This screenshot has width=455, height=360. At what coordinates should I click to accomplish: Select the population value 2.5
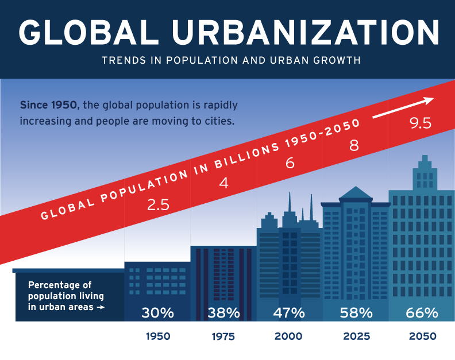pyautogui.click(x=158, y=204)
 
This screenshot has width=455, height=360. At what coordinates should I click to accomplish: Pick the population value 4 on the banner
pyautogui.click(x=224, y=184)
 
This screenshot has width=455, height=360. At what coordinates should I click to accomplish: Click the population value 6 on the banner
pyautogui.click(x=290, y=163)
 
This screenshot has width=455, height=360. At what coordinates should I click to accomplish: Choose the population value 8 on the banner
pyautogui.click(x=354, y=145)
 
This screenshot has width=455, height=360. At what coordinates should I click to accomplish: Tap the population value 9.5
pyautogui.click(x=420, y=123)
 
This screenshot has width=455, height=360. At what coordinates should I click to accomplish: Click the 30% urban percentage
pyautogui.click(x=157, y=313)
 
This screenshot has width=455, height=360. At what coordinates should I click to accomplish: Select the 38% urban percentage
pyautogui.click(x=223, y=313)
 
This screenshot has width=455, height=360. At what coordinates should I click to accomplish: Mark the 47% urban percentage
pyautogui.click(x=289, y=313)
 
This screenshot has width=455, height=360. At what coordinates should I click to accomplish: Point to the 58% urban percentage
pyautogui.click(x=356, y=313)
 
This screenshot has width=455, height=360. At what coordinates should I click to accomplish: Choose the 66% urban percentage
pyautogui.click(x=422, y=313)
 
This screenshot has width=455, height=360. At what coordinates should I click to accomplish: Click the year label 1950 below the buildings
pyautogui.click(x=158, y=336)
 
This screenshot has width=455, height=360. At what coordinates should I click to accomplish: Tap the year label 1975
pyautogui.click(x=223, y=336)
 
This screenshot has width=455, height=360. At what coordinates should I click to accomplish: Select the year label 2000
pyautogui.click(x=289, y=336)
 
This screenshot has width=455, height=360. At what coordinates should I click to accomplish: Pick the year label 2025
pyautogui.click(x=356, y=336)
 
